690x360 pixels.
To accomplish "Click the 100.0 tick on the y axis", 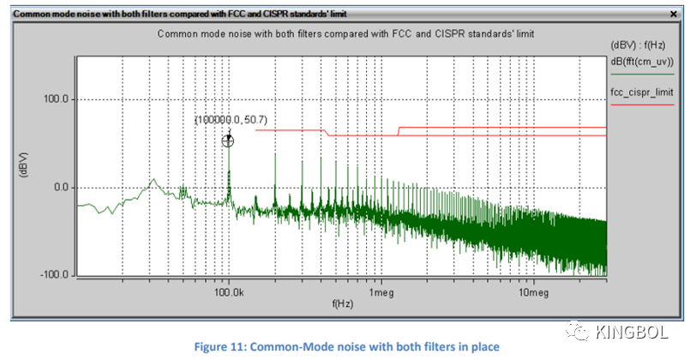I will click(x=57, y=99).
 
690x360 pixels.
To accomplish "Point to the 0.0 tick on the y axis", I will click(x=62, y=187).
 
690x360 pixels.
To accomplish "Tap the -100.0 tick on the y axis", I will click(x=55, y=275).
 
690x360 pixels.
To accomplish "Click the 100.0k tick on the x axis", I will click(x=228, y=292).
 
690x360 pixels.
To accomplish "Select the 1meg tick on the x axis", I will click(x=380, y=292).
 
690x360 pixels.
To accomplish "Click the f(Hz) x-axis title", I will click(x=341, y=303).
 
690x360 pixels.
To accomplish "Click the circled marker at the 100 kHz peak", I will click(x=228, y=141).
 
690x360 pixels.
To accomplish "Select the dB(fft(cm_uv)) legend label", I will click(x=646, y=61).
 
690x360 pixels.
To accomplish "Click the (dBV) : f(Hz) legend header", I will click(x=646, y=48).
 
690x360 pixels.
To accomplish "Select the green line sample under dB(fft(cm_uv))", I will click(x=646, y=74).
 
